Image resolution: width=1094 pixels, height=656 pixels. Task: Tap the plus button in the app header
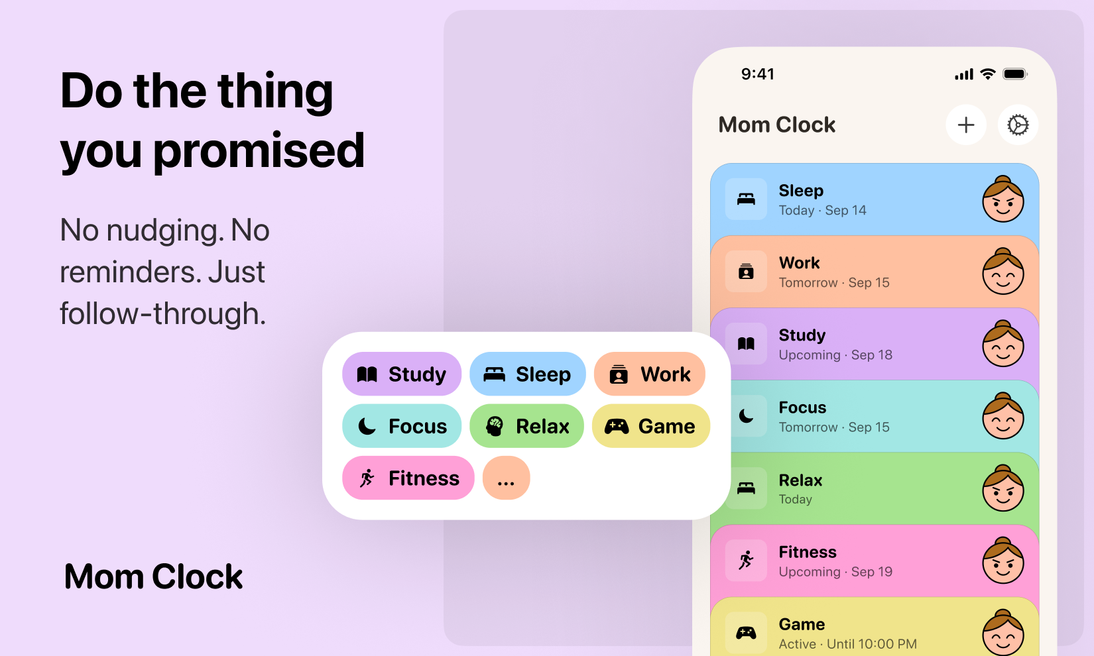[966, 125]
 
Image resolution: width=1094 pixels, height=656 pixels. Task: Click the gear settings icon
[1018, 125]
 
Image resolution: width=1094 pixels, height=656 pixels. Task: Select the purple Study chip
[402, 374]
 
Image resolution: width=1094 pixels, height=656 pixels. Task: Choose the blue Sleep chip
[528, 374]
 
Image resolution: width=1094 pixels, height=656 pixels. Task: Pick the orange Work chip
[650, 374]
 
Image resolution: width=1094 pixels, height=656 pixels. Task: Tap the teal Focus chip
[402, 426]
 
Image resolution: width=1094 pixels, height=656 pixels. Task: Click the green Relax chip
[527, 426]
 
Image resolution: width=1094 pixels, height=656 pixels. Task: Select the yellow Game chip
[650, 426]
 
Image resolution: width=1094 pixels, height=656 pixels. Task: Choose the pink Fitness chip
[408, 478]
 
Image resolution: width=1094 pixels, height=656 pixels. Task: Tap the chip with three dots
[506, 478]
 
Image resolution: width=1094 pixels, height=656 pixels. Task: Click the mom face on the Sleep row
[1003, 199]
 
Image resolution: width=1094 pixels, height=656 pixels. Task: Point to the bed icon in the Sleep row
[746, 199]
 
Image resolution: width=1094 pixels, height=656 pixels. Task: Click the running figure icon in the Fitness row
[746, 561]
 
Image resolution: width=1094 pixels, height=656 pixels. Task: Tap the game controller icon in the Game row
[746, 633]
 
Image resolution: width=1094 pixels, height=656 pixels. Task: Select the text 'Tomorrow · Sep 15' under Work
[834, 283]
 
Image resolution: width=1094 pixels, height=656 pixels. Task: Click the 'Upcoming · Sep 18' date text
[835, 355]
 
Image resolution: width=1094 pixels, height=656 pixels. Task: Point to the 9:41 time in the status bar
[758, 74]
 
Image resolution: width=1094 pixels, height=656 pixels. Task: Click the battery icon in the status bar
[1014, 74]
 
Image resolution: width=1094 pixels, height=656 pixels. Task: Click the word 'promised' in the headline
[259, 151]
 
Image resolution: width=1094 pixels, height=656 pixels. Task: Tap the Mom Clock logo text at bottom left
[154, 576]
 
